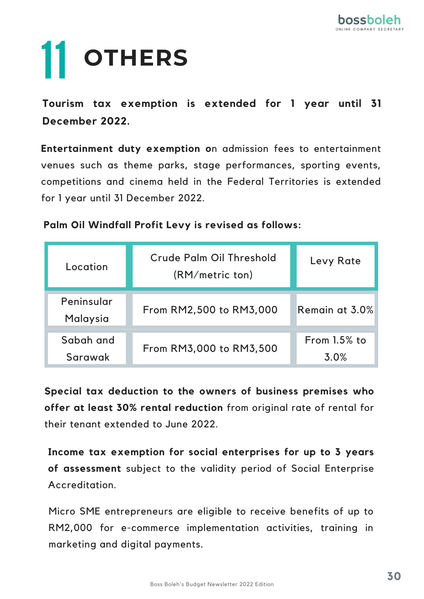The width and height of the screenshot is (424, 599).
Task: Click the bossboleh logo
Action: tap(369, 22)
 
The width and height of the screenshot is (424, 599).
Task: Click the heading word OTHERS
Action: tap(136, 58)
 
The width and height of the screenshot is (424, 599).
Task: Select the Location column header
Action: tap(87, 267)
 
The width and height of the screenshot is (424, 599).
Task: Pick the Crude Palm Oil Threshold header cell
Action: tap(213, 266)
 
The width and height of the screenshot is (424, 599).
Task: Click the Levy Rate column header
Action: tap(335, 261)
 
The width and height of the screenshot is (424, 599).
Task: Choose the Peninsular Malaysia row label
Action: tap(87, 310)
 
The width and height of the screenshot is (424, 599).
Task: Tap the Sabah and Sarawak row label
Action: tap(88, 348)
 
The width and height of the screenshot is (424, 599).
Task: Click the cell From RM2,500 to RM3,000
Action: tap(210, 310)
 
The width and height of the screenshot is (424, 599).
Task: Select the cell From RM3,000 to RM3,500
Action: tap(210, 348)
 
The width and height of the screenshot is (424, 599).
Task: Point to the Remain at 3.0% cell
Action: tap(335, 310)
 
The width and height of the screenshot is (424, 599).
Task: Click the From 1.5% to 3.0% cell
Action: tap(335, 348)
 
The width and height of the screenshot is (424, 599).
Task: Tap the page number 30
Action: tap(394, 576)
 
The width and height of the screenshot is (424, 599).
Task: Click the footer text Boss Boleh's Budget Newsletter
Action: tap(212, 584)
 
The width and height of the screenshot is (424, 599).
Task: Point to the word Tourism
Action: tap(63, 104)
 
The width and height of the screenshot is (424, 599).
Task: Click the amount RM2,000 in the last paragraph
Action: tap(70, 528)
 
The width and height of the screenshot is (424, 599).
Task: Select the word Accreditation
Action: tap(82, 485)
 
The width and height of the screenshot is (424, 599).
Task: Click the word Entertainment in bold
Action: tap(77, 149)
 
